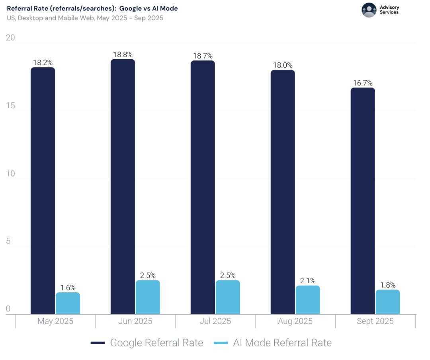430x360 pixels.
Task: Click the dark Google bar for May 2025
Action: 43,191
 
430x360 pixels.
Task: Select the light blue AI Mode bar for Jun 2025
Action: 148,297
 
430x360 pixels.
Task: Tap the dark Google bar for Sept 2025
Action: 362,201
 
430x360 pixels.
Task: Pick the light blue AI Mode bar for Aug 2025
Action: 308,300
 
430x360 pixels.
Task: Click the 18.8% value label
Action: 123,55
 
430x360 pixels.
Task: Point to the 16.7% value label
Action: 362,83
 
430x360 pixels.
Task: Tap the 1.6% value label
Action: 68,288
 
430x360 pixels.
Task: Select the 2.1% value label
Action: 308,281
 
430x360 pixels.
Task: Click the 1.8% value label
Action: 388,285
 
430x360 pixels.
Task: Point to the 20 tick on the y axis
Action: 11,38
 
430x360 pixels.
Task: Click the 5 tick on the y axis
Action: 8,241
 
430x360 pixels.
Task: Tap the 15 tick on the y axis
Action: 10,106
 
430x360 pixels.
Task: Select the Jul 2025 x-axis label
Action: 215,321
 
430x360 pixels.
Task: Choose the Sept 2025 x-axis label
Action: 375,321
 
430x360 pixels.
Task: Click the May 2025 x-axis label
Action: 55,321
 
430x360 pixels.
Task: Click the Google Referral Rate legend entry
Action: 147,343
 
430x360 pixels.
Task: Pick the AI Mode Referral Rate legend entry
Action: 273,343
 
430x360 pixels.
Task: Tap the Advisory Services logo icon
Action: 369,10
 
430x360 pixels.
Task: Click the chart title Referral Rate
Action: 92,8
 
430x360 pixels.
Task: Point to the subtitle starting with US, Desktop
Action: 85,18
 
